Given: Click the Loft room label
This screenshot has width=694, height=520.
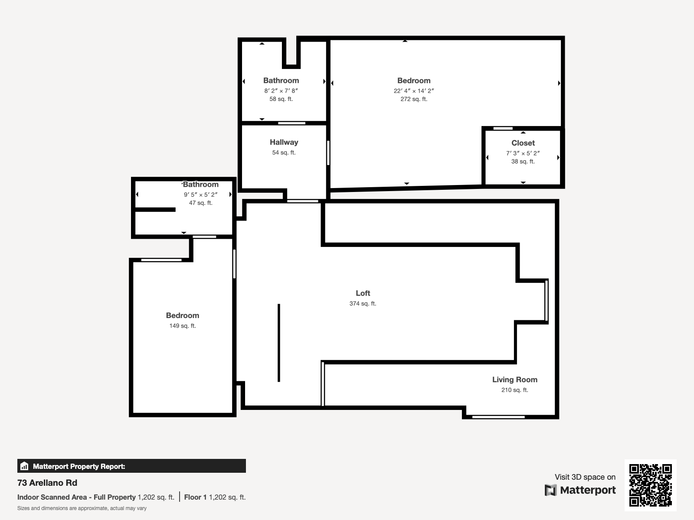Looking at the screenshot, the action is tap(363, 293).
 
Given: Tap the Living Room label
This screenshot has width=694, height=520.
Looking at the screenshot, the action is tap(515, 380).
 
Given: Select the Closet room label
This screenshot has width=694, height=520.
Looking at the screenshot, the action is tap(523, 143).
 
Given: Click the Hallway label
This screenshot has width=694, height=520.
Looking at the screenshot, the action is tap(284, 143).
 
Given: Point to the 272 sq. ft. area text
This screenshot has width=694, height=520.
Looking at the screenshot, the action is tap(414, 99).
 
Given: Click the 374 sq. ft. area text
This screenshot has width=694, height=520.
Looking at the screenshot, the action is tap(363, 304).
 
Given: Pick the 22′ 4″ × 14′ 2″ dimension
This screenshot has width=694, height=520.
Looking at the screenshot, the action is tap(414, 91).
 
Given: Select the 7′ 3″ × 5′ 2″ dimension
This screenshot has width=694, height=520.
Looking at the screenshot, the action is tap(523, 153).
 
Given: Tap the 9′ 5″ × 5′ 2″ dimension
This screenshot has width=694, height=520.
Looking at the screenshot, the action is tap(201, 195).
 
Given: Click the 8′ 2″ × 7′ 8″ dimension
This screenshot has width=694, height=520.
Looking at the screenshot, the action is tap(281, 91).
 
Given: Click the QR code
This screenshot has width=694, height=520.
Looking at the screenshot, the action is tap(650, 485).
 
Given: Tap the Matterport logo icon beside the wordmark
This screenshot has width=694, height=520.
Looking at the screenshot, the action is tap(550, 490).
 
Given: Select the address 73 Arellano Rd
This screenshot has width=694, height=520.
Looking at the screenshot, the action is tap(47, 483).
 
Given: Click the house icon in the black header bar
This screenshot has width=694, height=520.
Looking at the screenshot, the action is tap(24, 466).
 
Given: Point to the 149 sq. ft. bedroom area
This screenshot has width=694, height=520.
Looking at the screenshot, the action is tap(183, 326).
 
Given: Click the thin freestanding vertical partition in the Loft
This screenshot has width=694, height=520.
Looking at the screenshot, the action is tap(279, 343).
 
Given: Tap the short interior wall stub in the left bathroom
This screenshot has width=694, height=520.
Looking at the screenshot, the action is tap(155, 210).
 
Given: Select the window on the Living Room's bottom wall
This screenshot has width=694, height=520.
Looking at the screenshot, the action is tap(498, 417).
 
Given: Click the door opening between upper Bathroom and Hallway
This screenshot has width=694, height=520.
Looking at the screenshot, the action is tap(291, 123).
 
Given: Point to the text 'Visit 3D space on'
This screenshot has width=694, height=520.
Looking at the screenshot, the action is tap(585, 477).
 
